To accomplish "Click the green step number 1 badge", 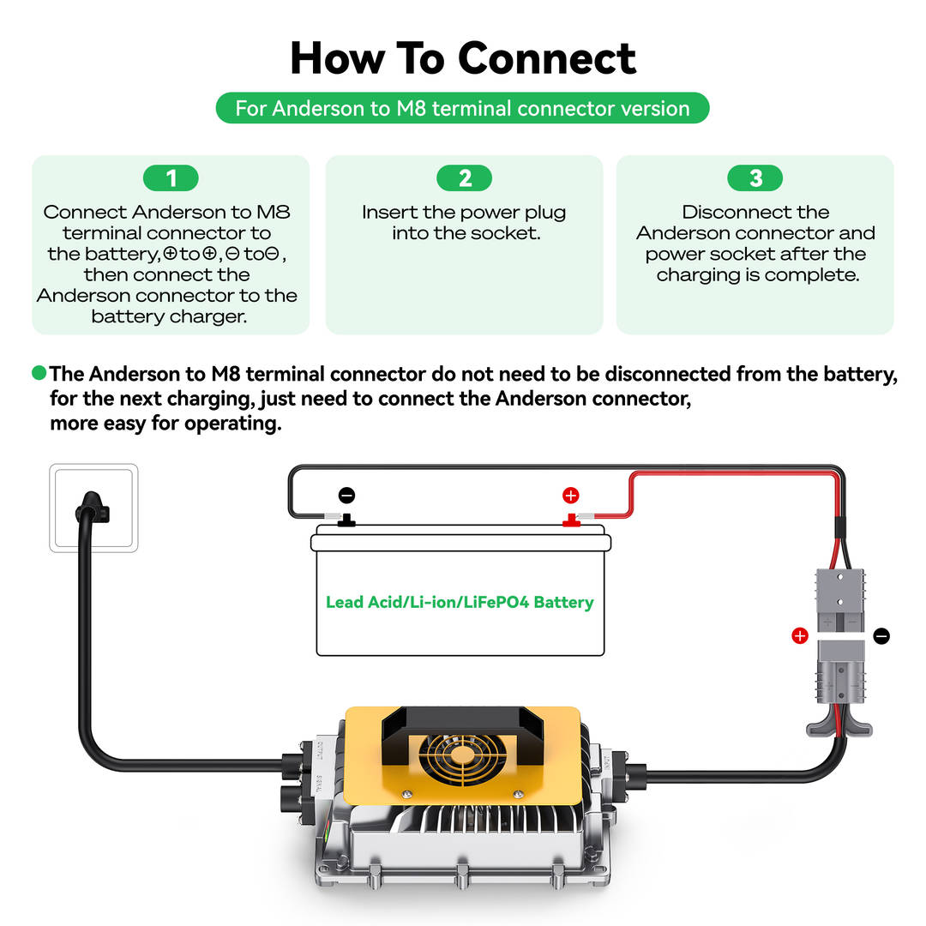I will (x=171, y=178).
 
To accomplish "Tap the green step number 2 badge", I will (x=465, y=178).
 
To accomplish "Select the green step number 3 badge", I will (x=755, y=178).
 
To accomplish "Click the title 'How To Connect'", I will (x=463, y=58).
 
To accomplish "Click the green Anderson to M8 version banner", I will (x=463, y=109).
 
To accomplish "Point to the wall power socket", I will (x=93, y=508).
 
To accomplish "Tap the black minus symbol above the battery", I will (x=346, y=495).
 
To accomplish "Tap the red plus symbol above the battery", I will (x=571, y=495).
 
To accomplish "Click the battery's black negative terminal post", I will (x=347, y=520).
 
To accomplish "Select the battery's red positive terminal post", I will (x=569, y=520).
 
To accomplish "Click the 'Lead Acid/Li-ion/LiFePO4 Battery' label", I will (x=460, y=602).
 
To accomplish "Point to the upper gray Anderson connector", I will (x=839, y=600).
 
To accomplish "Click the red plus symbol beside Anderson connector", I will (x=799, y=635).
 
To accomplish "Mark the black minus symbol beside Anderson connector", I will (x=881, y=635).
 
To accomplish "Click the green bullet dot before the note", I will (x=39, y=373).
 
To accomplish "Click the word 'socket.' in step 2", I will (x=511, y=233).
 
